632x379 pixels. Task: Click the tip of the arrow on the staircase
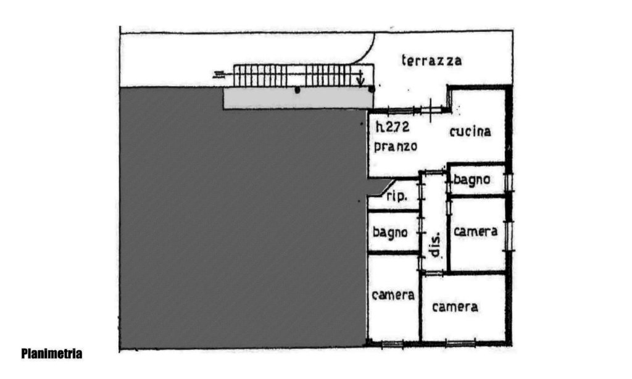[x=361, y=85]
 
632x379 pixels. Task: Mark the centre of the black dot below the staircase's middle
[x=297, y=90]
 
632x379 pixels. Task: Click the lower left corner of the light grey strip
[x=224, y=109]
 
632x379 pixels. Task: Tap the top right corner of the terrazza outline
[x=512, y=31]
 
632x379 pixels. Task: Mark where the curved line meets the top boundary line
[x=375, y=33]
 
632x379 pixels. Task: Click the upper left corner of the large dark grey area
[x=120, y=88]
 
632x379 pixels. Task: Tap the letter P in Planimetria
[x=24, y=354]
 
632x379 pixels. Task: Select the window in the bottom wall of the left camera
[x=392, y=344]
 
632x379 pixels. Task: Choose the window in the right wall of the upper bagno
[x=509, y=182]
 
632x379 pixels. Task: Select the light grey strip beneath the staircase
[x=299, y=98]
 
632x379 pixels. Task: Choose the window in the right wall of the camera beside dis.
[x=509, y=236]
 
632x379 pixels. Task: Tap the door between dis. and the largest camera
[x=433, y=273]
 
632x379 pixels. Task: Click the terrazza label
[x=431, y=61]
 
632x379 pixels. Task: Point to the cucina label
[x=470, y=131]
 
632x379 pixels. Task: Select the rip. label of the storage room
[x=397, y=196]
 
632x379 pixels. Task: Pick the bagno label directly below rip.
[x=390, y=233]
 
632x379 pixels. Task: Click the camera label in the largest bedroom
[x=455, y=307]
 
